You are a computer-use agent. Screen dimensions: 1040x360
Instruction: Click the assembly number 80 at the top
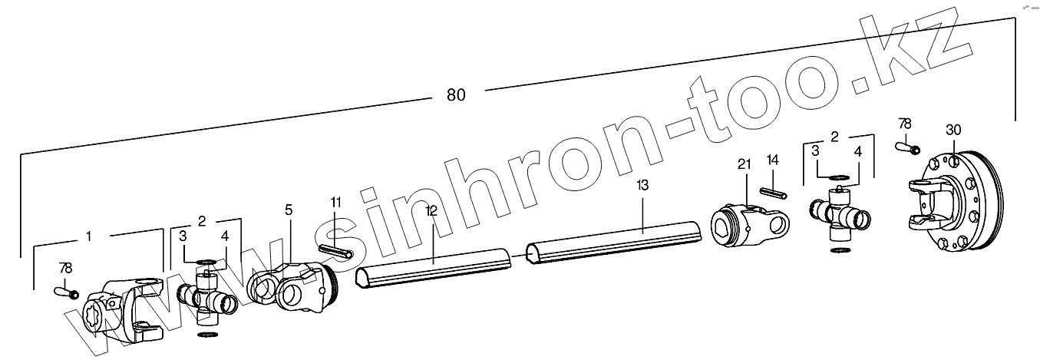point(456,95)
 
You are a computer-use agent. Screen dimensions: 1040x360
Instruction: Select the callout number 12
point(431,210)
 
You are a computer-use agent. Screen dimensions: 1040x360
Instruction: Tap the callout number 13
point(642,186)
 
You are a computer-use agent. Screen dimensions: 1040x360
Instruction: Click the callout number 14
point(772,160)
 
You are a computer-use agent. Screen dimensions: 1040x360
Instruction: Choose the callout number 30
point(953,130)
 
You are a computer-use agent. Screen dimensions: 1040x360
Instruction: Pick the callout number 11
point(335,203)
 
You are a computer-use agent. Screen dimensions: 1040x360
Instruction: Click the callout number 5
point(288,209)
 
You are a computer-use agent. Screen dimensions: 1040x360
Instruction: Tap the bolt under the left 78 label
point(65,292)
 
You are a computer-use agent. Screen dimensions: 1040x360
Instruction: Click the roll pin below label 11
point(335,251)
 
